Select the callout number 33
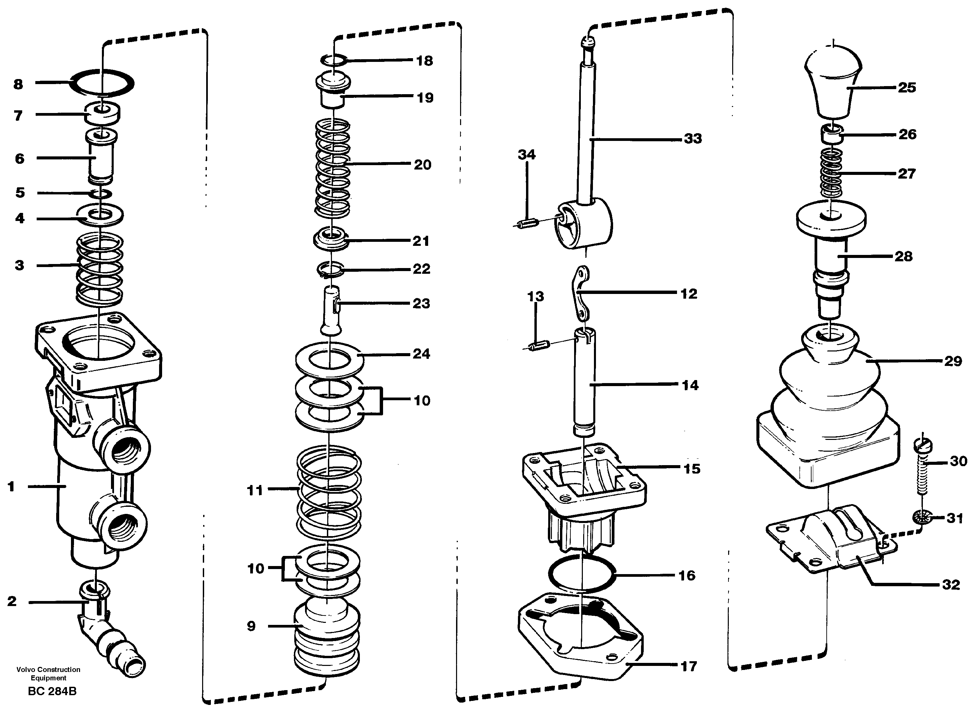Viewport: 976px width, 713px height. [693, 139]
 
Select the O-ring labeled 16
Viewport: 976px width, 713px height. [581, 574]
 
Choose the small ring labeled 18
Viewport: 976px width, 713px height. [334, 60]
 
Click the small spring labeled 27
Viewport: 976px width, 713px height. [831, 173]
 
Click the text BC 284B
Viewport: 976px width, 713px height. [52, 691]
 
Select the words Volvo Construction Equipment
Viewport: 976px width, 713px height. [48, 673]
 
